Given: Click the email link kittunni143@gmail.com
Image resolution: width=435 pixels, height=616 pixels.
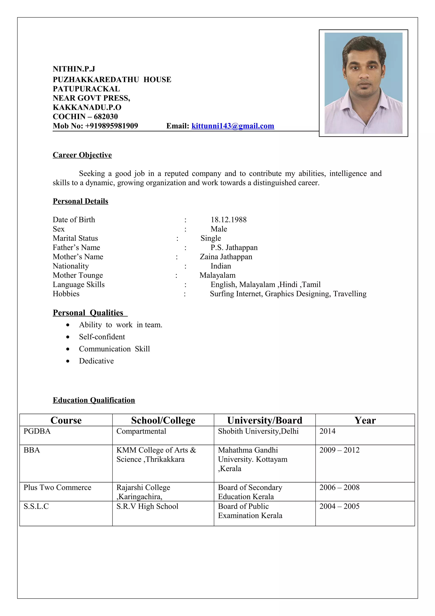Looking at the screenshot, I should [233, 126].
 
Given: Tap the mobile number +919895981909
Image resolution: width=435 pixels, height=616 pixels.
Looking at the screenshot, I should [112, 126].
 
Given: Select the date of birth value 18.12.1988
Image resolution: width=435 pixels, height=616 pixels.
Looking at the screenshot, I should [228, 220].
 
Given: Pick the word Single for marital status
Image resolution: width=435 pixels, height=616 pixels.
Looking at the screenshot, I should [210, 238].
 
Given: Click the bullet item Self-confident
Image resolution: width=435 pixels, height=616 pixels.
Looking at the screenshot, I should [102, 337].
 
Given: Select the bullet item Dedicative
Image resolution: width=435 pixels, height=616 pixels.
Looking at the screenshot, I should [96, 361].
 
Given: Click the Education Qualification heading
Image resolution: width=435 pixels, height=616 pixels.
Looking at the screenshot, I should [94, 400].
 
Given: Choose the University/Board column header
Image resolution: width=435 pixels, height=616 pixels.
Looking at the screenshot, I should [264, 420].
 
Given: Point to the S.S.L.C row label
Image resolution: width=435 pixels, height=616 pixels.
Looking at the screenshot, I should [36, 506].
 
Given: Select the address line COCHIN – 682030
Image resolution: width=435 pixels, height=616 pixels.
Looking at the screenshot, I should [85, 116].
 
